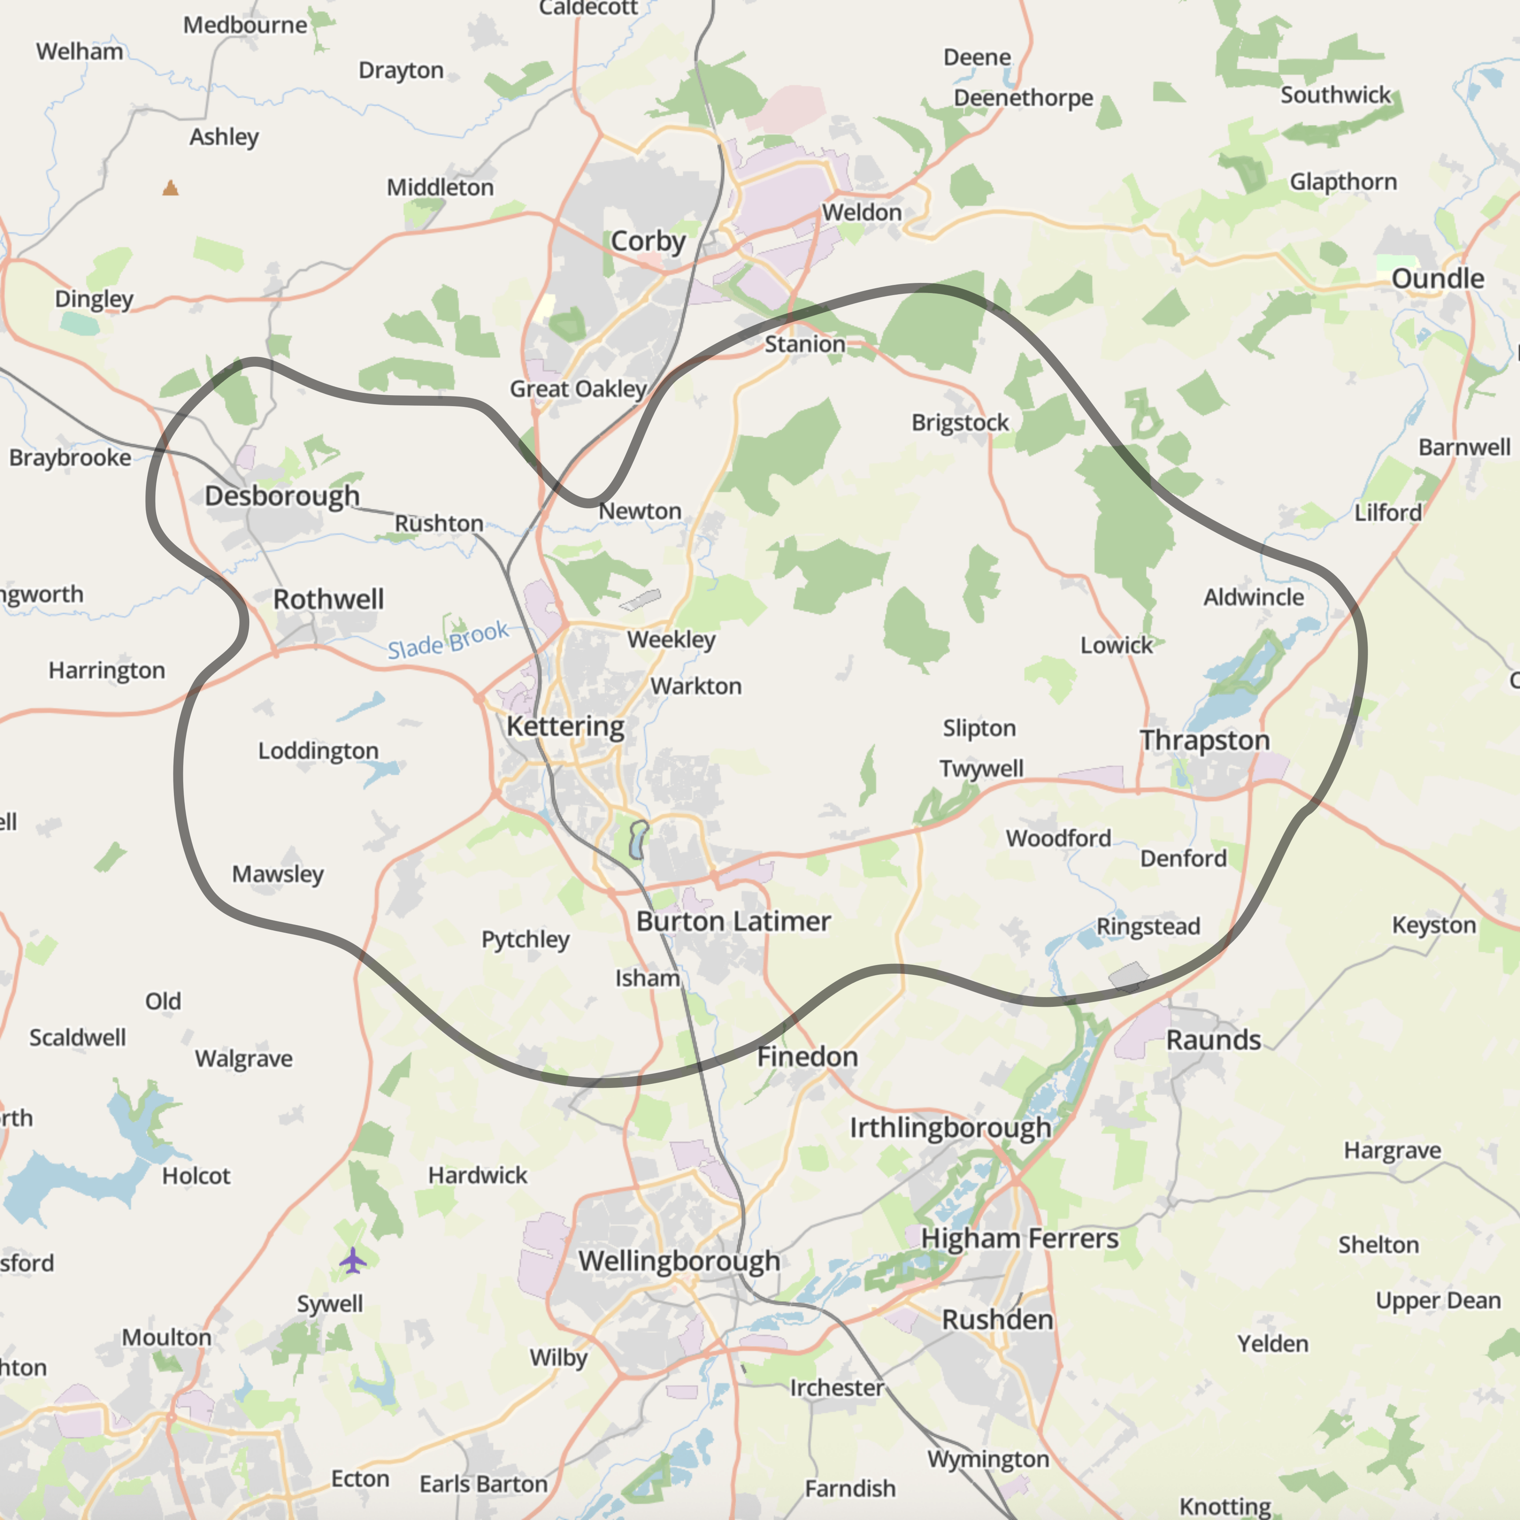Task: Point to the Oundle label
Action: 1437,278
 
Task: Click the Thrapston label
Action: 1205,740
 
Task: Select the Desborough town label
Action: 282,497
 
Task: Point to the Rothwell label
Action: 328,599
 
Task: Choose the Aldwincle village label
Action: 1253,597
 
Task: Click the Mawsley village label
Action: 278,874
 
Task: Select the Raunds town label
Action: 1213,1040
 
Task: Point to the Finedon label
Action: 807,1057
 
